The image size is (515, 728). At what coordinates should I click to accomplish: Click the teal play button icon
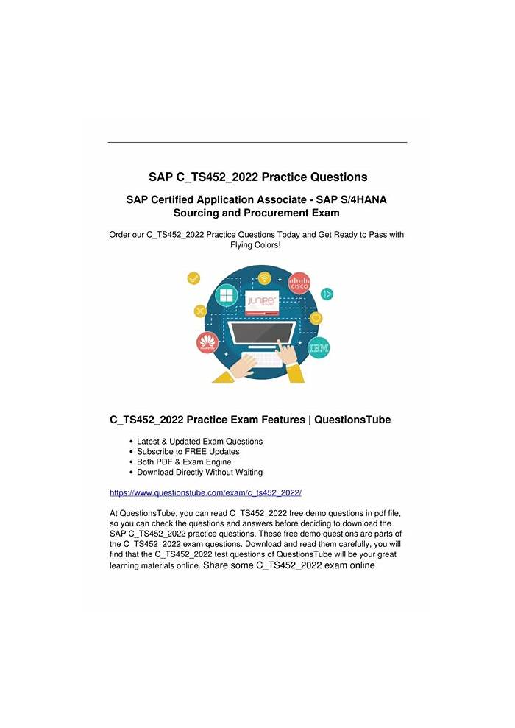click(x=327, y=294)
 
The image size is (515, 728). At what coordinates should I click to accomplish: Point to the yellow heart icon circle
click(x=316, y=318)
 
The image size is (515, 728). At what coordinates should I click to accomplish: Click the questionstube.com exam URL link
click(x=205, y=492)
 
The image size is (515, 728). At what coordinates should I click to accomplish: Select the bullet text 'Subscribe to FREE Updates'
click(x=188, y=451)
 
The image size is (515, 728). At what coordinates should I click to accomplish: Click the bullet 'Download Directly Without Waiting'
click(x=199, y=472)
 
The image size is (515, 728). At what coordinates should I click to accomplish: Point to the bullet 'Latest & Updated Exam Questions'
click(x=199, y=441)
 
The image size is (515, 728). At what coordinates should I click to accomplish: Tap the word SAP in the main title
click(x=162, y=177)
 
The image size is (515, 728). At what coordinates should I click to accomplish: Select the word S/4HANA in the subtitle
click(x=362, y=199)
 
